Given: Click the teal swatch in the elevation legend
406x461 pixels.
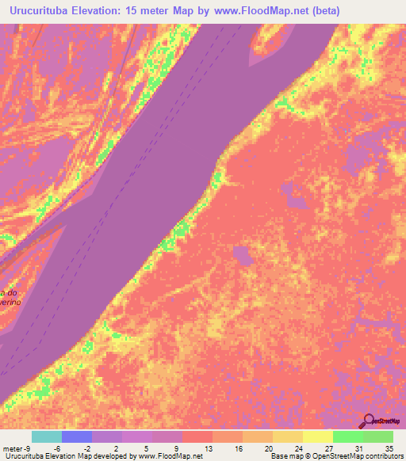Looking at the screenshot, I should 47,436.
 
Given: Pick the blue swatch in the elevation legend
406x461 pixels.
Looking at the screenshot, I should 77,436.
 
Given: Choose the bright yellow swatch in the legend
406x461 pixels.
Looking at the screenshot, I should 318,436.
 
